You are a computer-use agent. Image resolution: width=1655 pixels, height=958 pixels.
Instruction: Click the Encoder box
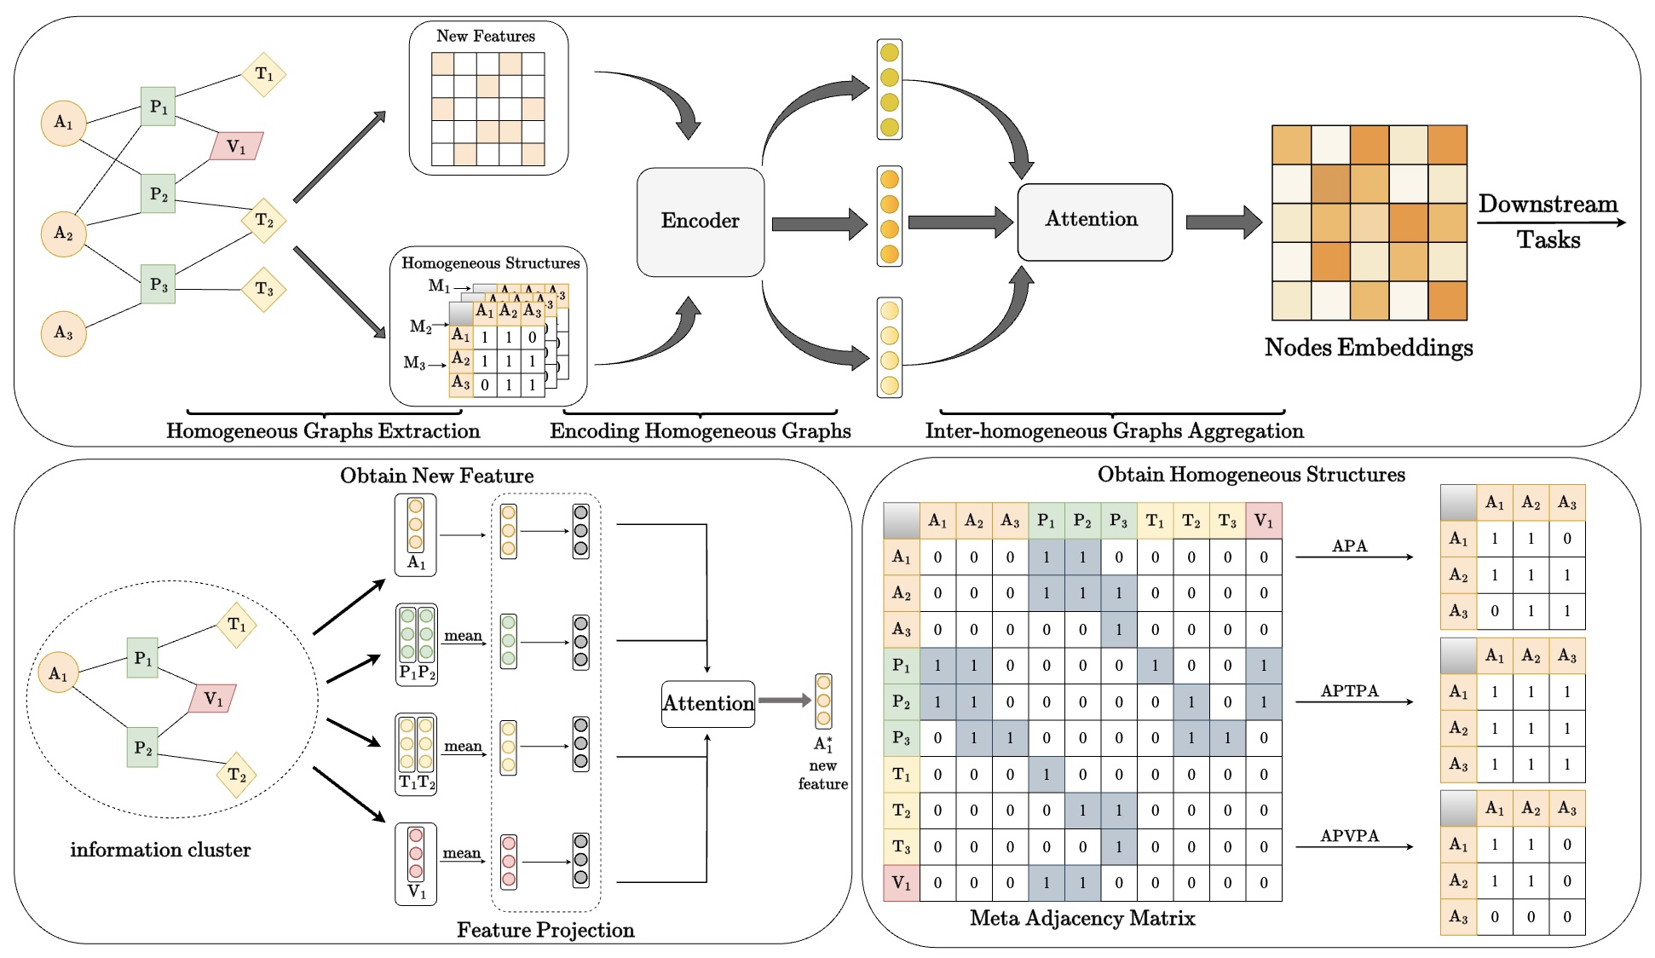700,222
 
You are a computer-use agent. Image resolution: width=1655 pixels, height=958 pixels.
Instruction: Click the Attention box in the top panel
1094,222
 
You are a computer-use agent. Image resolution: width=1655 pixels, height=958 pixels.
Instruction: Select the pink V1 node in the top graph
236,147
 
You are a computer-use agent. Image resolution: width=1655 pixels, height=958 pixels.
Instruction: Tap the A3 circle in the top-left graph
64,333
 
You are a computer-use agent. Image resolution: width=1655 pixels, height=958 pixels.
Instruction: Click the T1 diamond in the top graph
264,74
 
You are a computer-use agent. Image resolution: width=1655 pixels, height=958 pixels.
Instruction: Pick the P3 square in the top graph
159,285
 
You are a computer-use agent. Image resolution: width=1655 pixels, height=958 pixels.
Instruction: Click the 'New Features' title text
486,37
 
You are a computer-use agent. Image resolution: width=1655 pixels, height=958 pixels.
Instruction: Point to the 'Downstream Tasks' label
1548,222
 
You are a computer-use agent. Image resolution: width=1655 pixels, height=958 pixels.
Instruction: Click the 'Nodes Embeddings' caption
1368,348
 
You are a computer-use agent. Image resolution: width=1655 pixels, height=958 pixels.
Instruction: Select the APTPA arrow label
1349,690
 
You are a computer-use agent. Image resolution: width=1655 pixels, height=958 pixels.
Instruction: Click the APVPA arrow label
1349,835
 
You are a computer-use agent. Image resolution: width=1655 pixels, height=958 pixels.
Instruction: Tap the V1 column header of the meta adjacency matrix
1263,521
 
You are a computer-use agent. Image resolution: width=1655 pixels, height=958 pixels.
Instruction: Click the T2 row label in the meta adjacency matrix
902,811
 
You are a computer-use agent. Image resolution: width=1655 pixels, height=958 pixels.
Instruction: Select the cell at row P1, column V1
1263,666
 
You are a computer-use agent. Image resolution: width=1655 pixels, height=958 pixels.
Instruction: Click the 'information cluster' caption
160,850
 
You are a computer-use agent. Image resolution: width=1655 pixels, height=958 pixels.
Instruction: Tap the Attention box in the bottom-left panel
708,703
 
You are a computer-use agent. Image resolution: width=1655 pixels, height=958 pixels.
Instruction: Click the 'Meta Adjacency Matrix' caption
1082,918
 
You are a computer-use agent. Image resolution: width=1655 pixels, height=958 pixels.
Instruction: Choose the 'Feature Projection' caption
545,930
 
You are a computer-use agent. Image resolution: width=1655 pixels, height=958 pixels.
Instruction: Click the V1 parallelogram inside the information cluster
212,699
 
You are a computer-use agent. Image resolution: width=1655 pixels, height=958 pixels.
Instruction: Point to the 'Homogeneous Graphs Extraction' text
323,431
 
